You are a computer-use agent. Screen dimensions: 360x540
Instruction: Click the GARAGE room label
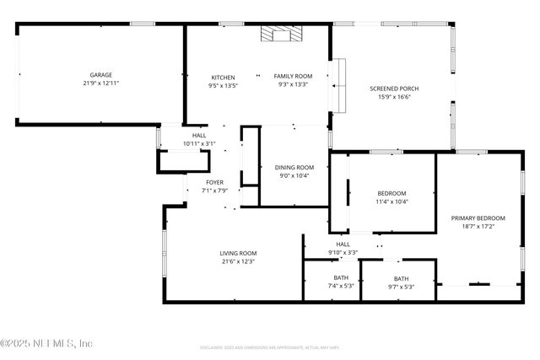(x=101, y=75)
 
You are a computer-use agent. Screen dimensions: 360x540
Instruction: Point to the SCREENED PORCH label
(x=394, y=89)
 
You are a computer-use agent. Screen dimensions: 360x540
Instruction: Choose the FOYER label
(x=215, y=182)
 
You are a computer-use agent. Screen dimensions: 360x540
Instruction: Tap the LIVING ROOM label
(x=238, y=253)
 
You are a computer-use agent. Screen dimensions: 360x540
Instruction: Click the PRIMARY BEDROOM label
(x=478, y=218)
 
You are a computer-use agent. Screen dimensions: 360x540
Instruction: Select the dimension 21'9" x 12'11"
(x=101, y=83)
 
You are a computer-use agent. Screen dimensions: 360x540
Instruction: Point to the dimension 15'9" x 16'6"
(x=394, y=97)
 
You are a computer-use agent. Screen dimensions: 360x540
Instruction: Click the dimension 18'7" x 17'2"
(x=478, y=226)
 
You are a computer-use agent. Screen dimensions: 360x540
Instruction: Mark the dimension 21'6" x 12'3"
(x=238, y=261)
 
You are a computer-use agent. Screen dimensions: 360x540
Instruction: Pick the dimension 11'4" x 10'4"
(x=391, y=201)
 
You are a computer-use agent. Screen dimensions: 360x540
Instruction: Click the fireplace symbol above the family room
(x=278, y=34)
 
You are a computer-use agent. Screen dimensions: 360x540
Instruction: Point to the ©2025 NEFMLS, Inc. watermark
(x=46, y=343)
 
